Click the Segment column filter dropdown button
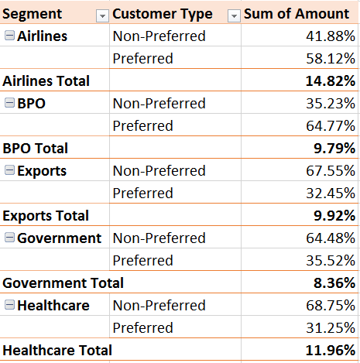pyautogui.click(x=102, y=15)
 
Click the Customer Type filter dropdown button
pyautogui.click(x=235, y=15)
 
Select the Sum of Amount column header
pyautogui.click(x=297, y=14)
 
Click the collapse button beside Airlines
pyautogui.click(x=9, y=36)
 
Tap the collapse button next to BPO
pyautogui.click(x=9, y=104)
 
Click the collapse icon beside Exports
pyautogui.click(x=9, y=171)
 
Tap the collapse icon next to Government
pyautogui.click(x=9, y=238)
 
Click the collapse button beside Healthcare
pyautogui.click(x=9, y=306)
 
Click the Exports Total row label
pyautogui.click(x=46, y=216)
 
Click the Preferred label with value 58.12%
pyautogui.click(x=142, y=59)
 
